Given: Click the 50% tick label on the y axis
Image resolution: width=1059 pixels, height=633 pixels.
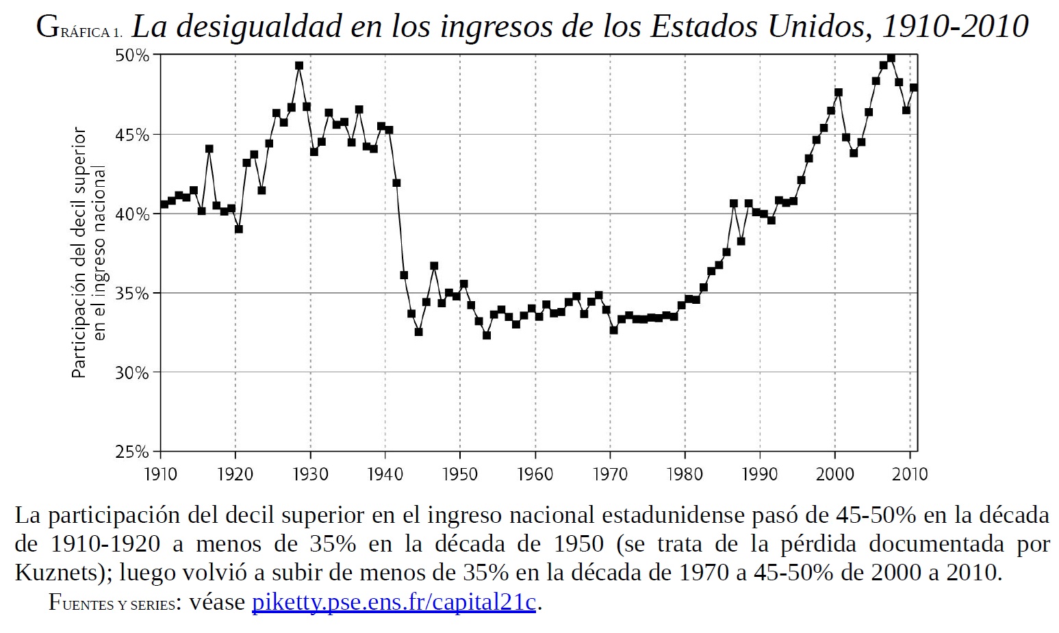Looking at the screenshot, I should (132, 55).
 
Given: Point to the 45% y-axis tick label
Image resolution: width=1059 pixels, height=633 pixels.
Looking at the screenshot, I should (132, 135).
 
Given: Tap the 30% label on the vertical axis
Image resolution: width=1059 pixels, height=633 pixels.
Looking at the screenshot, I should (132, 373).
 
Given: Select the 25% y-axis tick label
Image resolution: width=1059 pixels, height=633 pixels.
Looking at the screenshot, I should (132, 452).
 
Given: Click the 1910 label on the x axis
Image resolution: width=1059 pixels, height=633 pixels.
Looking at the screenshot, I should (160, 474).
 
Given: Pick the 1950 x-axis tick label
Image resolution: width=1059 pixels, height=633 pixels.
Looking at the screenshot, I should (460, 474).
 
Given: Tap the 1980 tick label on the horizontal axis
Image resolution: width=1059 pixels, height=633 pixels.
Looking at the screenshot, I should (685, 474).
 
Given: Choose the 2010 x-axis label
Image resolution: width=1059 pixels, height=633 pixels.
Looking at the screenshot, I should (910, 474).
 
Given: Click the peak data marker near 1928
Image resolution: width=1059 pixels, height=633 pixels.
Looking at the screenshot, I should (299, 66).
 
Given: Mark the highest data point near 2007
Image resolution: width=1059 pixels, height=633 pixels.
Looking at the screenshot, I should (891, 58).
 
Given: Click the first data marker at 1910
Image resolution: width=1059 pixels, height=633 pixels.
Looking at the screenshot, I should (164, 204).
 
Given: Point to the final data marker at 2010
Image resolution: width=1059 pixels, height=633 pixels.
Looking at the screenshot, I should (913, 88).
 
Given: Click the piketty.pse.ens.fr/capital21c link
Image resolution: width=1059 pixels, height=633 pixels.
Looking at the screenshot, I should (394, 602).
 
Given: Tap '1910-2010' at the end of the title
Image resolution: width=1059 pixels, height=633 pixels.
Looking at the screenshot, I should (955, 27).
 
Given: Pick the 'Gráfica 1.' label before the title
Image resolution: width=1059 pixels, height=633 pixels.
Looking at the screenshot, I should (79, 29).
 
